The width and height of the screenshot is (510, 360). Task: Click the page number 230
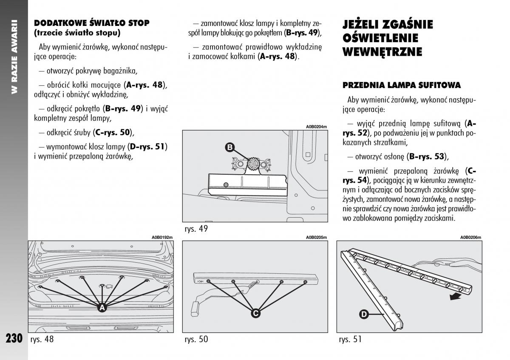tap(14, 338)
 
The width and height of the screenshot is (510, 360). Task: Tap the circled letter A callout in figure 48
tap(102, 308)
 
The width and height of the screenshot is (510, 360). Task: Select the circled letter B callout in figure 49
tap(229, 147)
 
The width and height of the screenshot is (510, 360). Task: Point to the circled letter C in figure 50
tap(255, 313)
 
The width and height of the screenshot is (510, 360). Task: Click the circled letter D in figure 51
tap(364, 315)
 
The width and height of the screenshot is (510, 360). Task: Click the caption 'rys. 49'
tap(196, 229)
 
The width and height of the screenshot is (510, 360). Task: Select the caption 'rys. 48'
tap(42, 339)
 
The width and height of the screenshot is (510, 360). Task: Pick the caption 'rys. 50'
tap(196, 339)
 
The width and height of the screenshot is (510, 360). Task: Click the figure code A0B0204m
tap(317, 127)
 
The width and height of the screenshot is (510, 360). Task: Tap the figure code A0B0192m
tap(162, 238)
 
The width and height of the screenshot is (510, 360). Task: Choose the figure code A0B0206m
tap(470, 238)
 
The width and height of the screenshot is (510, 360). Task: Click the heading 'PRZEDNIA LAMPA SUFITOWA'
tap(402, 85)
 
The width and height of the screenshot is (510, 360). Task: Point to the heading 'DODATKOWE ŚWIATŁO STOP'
tap(91, 23)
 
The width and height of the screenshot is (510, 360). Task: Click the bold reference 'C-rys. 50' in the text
tap(113, 133)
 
